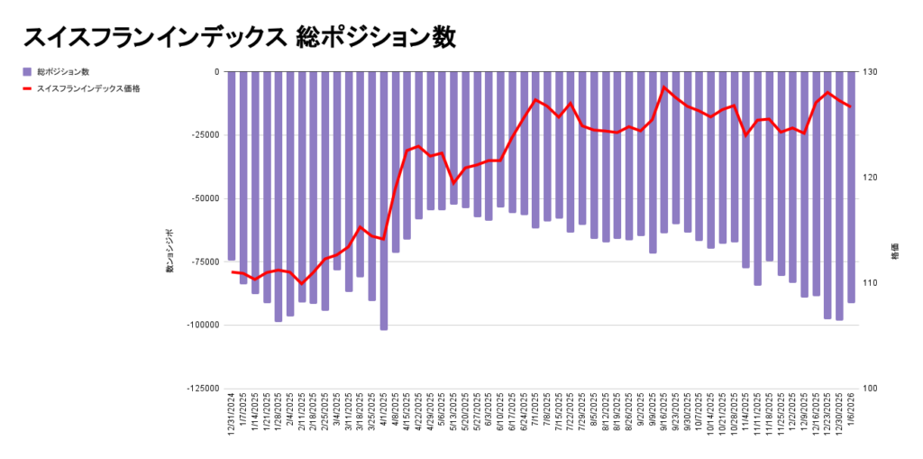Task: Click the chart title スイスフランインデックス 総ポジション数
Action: click(x=240, y=37)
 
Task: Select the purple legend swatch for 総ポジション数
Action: click(x=27, y=71)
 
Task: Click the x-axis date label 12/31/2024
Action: click(x=232, y=417)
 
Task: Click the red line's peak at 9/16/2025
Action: click(x=664, y=87)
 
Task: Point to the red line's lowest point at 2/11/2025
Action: click(x=302, y=284)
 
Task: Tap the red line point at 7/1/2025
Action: click(x=535, y=100)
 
